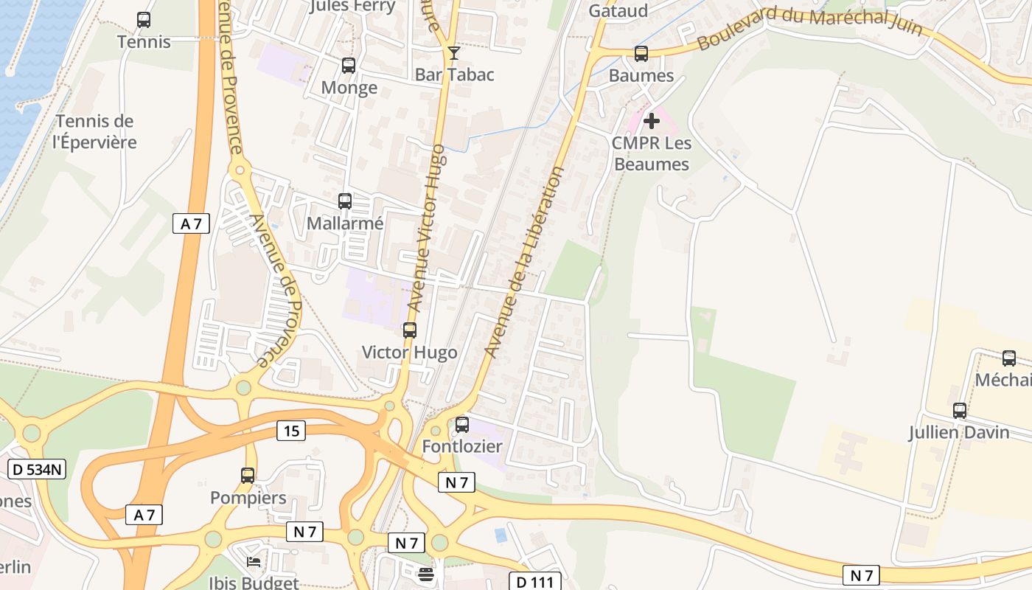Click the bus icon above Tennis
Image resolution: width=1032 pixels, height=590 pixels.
[144, 20]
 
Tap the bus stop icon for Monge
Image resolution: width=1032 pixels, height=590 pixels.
[349, 66]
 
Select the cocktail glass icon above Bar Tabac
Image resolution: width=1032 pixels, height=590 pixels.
[453, 52]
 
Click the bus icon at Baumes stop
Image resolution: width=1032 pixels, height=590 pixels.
[641, 54]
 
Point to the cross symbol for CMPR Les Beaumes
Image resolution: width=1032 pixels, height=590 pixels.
[652, 120]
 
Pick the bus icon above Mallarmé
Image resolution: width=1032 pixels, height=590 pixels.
[344, 201]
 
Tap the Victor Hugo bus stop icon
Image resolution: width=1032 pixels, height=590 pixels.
[410, 330]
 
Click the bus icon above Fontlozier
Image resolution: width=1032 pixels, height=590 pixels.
[462, 425]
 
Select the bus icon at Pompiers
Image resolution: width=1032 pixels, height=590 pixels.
[248, 476]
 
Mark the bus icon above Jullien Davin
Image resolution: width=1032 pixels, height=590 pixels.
[960, 411]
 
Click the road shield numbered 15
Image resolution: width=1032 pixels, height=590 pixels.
[291, 431]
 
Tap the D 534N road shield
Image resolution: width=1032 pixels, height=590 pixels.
[37, 469]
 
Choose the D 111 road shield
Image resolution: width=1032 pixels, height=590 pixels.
[534, 582]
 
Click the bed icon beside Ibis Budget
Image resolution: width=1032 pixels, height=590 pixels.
[254, 562]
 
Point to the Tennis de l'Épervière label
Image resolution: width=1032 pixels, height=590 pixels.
[94, 132]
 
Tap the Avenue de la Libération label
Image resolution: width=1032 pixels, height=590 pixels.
[525, 262]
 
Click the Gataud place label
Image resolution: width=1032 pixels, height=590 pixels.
[618, 10]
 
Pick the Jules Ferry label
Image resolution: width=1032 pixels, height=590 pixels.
[352, 7]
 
